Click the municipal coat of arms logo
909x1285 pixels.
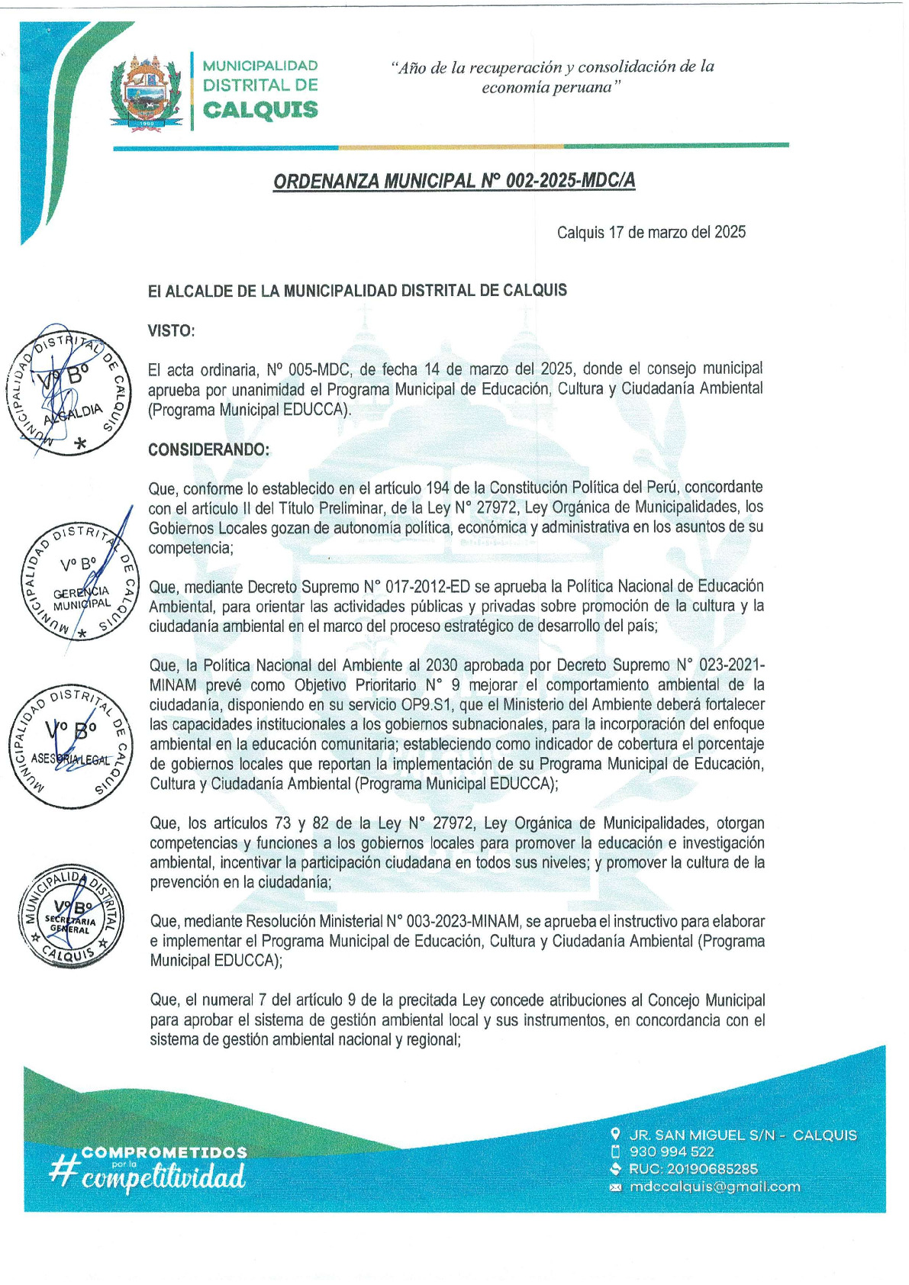point(146,92)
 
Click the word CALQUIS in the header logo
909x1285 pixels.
point(260,110)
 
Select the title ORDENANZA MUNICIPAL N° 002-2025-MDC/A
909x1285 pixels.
point(454,181)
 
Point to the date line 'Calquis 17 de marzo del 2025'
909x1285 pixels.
point(651,232)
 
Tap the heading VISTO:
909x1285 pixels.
point(171,330)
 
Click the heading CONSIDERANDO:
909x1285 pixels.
point(208,449)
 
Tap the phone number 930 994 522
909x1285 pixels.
point(672,1151)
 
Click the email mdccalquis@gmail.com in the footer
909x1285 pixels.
point(714,1187)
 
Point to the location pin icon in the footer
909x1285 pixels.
point(616,1135)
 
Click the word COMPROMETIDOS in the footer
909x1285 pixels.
point(164,1152)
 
